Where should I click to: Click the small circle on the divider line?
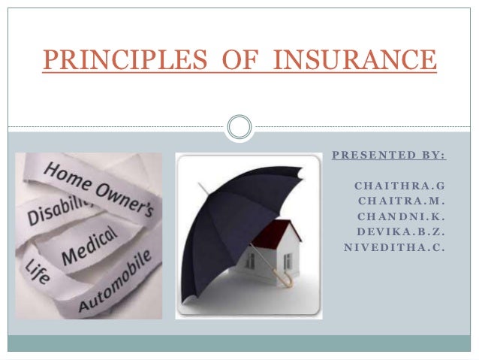pyautogui.click(x=239, y=126)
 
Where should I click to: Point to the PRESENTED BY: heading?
pyautogui.click(x=389, y=156)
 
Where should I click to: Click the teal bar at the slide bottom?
pyautogui.click(x=239, y=343)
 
